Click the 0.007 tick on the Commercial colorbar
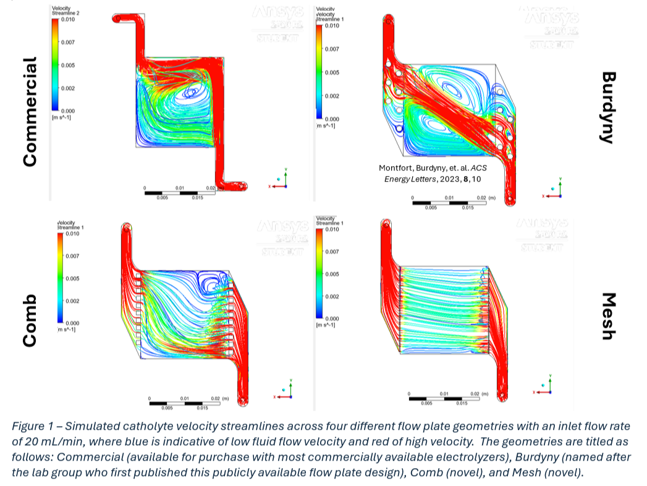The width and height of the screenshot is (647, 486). click(x=67, y=43)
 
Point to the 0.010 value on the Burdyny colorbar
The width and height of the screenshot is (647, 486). click(x=332, y=26)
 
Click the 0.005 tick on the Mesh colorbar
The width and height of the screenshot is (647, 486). click(x=332, y=274)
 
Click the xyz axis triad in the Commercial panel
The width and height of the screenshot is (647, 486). click(x=282, y=180)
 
